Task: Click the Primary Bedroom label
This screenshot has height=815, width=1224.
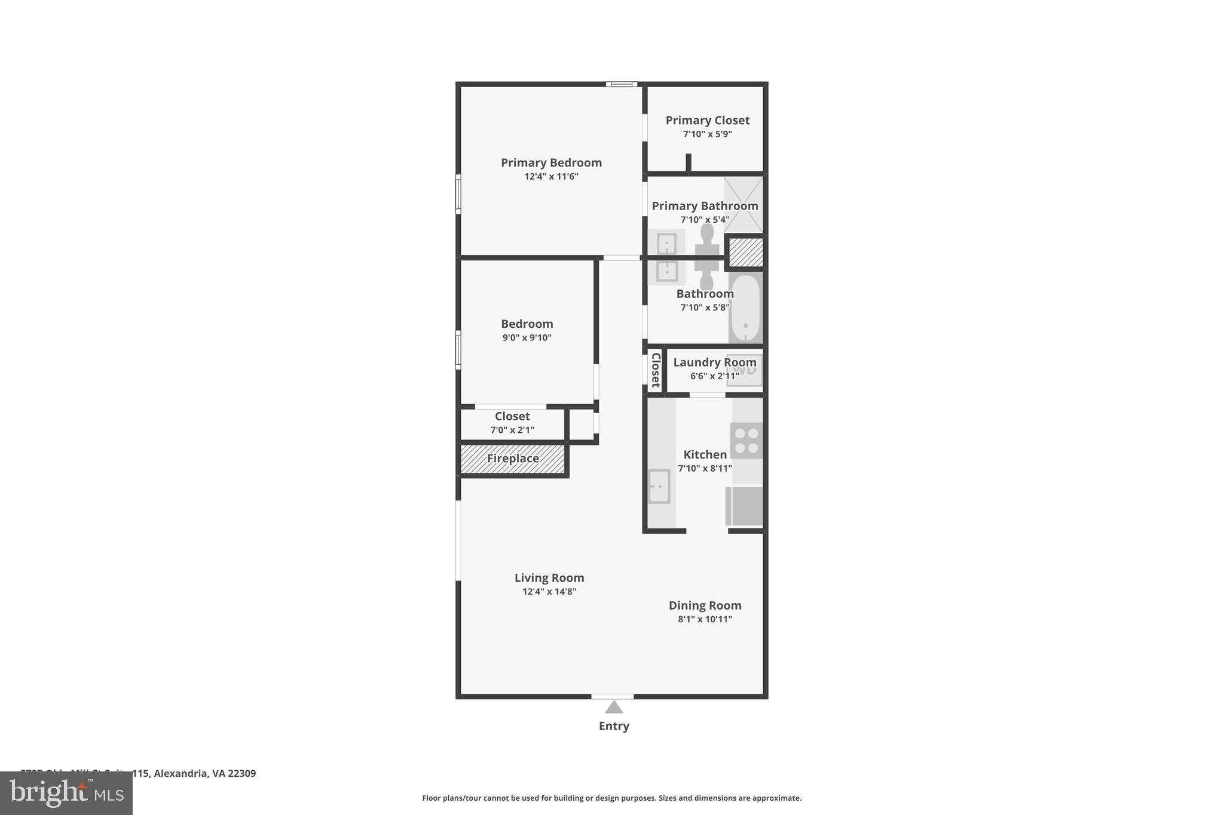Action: point(551,162)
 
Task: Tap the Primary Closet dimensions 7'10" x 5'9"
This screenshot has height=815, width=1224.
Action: point(707,134)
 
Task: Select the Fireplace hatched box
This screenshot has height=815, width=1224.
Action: point(512,459)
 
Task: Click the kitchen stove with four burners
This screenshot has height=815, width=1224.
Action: point(746,441)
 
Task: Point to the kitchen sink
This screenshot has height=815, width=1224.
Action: point(659,487)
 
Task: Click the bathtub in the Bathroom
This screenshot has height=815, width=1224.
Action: point(745,307)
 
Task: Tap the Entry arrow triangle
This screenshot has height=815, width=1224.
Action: point(614,708)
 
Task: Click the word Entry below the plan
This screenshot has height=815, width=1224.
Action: point(614,726)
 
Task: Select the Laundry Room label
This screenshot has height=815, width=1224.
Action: point(714,362)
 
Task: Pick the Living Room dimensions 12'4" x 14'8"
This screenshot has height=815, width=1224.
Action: point(549,592)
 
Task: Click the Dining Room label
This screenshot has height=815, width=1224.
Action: point(705,605)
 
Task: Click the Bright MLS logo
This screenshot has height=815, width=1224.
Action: point(66,793)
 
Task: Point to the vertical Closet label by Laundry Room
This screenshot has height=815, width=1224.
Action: point(656,370)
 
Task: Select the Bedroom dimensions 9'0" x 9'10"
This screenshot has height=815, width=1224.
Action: point(527,338)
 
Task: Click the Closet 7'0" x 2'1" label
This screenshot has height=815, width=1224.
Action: point(512,417)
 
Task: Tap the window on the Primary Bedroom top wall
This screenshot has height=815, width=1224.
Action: point(622,84)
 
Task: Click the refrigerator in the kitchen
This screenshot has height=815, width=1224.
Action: point(745,506)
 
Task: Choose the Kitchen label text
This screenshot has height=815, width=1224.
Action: point(705,454)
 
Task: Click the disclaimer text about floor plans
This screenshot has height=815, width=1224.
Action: point(611,798)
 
